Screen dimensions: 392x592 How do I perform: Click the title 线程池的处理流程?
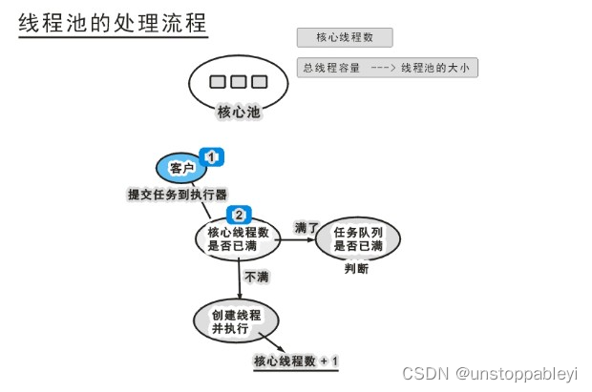(x=112, y=23)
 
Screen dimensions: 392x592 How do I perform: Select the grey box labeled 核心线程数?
(x=345, y=38)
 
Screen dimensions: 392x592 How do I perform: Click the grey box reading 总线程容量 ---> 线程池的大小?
(x=387, y=68)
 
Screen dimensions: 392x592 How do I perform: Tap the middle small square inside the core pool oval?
(x=238, y=81)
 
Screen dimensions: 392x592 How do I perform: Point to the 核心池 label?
(x=239, y=112)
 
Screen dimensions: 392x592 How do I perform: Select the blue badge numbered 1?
(x=211, y=155)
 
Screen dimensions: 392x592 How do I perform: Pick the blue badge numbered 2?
(x=240, y=215)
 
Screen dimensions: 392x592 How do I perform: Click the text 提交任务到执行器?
(x=178, y=195)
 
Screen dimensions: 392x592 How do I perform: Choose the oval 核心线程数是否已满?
(x=238, y=239)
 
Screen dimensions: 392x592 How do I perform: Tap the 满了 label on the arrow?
(x=306, y=228)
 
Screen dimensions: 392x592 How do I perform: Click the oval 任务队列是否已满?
(x=358, y=239)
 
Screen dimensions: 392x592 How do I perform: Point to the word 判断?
(x=356, y=270)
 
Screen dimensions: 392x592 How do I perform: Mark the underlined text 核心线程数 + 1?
(x=296, y=361)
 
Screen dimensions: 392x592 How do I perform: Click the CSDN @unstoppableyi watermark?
(x=491, y=372)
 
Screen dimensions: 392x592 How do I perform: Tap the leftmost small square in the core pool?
(x=218, y=81)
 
